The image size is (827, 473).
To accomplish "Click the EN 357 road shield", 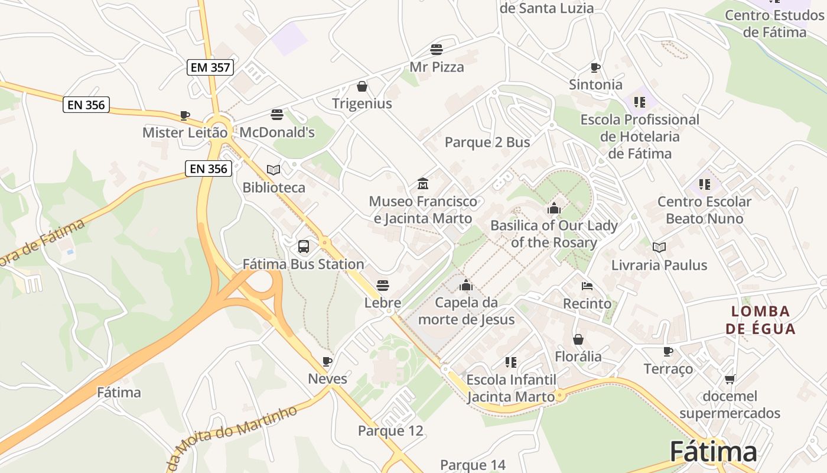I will (211, 67).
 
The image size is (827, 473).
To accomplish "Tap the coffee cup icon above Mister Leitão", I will (185, 115).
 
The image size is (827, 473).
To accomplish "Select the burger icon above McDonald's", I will (276, 114).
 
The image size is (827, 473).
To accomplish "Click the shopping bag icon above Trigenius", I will (362, 86).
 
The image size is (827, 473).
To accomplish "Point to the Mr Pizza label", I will (437, 67).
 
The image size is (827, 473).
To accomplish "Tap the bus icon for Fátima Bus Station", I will (303, 246).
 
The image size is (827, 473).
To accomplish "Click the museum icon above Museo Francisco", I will (422, 184).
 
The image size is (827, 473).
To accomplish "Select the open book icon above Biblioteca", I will (274, 170).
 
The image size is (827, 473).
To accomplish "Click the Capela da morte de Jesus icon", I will (466, 285).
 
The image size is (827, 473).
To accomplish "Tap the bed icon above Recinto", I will (587, 286).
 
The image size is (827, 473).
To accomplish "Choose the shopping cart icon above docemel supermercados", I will (730, 379).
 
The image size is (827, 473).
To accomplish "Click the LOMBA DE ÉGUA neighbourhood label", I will (761, 320).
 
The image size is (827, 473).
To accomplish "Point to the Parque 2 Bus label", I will (487, 142).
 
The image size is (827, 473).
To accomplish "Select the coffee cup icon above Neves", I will (327, 361).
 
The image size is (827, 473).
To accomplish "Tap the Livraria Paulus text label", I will (659, 264).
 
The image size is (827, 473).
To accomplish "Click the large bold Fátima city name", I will (713, 452).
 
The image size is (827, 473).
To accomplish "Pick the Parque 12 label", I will (390, 430).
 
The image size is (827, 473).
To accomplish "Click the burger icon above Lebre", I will (383, 286).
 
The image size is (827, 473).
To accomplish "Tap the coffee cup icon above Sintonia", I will (595, 67).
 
